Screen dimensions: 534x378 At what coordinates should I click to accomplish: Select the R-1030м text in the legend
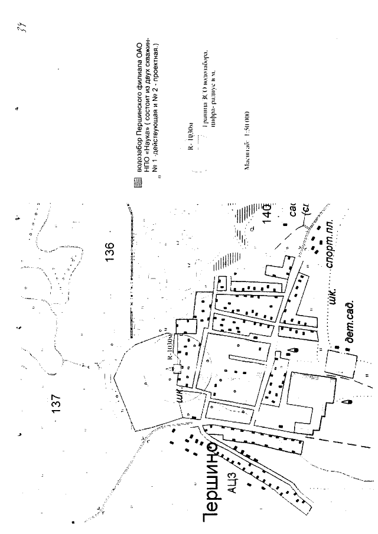[x=189, y=136]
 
